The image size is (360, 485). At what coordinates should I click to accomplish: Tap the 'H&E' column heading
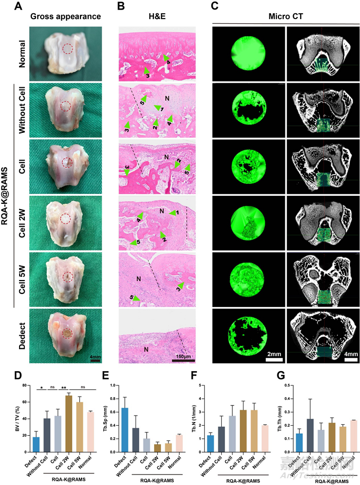pyautogui.click(x=157, y=16)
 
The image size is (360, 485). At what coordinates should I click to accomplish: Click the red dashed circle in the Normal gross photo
pyautogui.click(x=67, y=49)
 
